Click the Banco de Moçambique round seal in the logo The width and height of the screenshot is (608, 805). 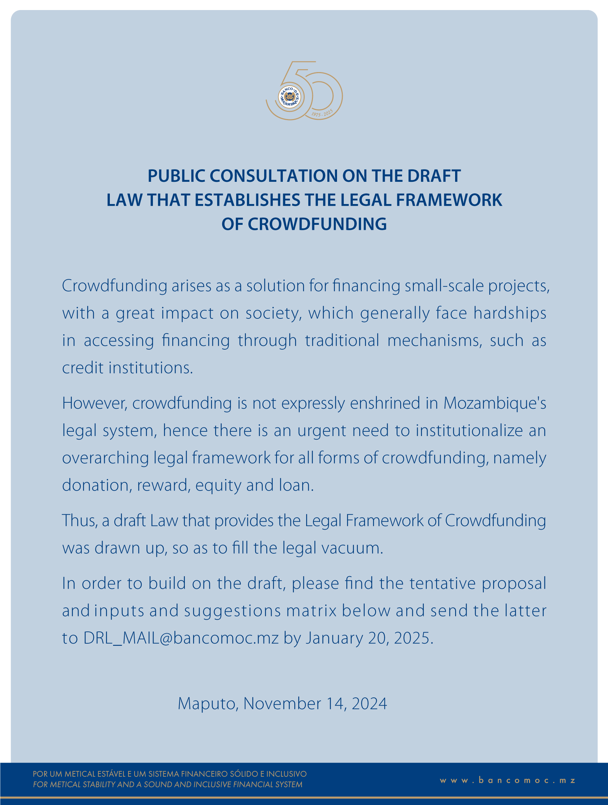click(x=290, y=97)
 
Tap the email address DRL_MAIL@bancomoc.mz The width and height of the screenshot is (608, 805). click(x=181, y=638)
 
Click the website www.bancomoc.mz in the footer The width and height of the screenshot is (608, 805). click(x=508, y=780)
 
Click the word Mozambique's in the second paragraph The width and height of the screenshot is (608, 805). click(x=495, y=403)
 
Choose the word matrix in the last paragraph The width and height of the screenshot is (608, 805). click(x=312, y=611)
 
